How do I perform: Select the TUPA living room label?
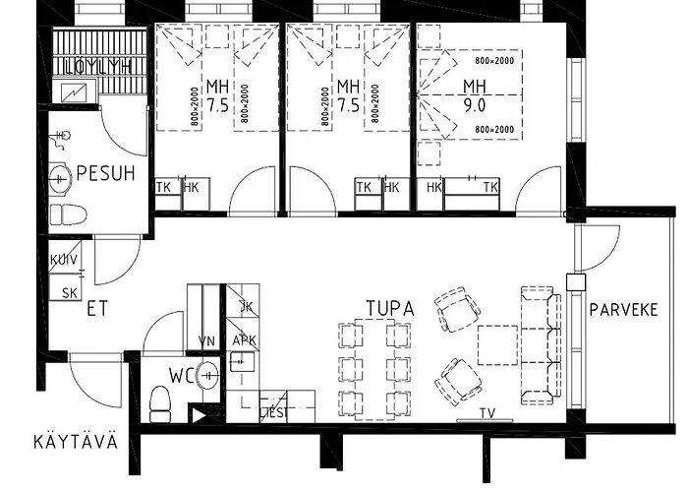pos(390,308)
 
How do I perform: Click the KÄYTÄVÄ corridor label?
pos(75,440)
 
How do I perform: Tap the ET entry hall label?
pos(97,308)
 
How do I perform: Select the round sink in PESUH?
pos(61,179)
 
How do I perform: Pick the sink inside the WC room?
pos(207,375)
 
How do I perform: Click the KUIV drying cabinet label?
pos(64,260)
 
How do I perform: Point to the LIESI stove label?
pos(273,412)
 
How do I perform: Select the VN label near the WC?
pos(206,340)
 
